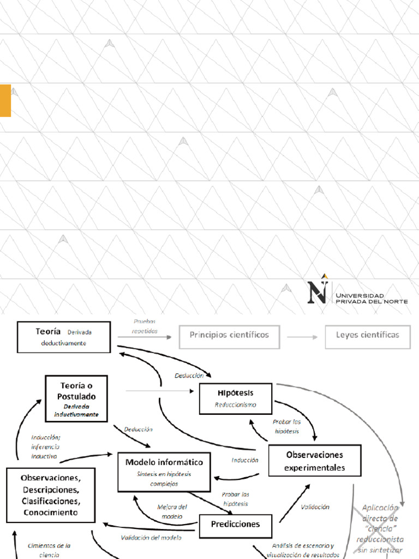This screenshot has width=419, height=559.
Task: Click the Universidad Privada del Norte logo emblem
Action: [319, 289]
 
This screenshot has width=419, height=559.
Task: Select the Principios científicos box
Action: [229, 335]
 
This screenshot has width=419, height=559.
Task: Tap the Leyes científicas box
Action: [367, 335]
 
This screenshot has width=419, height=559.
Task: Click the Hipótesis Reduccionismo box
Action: [236, 399]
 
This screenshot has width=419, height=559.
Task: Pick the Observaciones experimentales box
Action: [314, 460]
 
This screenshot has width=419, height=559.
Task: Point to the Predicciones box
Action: [235, 525]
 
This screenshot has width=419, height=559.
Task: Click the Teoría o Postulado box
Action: [76, 398]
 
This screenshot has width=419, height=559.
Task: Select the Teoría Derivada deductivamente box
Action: [64, 337]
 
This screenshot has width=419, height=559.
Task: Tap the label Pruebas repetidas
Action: [145, 326]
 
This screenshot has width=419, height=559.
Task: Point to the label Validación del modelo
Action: [151, 537]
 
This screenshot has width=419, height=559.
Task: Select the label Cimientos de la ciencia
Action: [49, 550]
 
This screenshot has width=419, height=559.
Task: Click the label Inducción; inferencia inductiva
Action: [46, 447]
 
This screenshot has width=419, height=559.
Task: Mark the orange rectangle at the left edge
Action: [5, 100]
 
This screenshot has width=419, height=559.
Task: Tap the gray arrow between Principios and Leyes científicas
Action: [302, 337]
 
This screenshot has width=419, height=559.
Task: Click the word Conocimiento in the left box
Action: [51, 513]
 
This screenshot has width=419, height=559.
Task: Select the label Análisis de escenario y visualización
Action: [303, 550]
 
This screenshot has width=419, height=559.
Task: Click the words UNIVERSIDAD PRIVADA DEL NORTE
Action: [372, 298]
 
